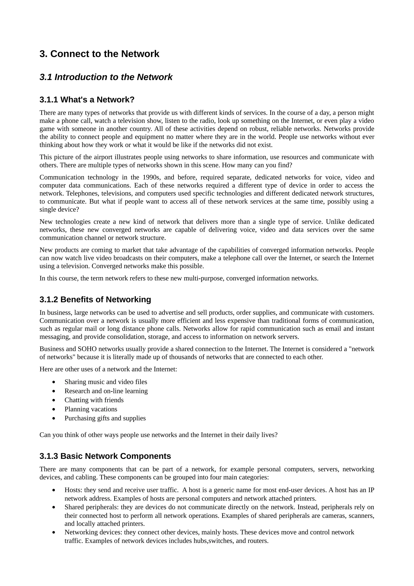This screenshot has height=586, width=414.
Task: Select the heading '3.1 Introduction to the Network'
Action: pos(106,77)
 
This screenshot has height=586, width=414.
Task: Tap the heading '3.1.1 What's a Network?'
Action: pos(87,99)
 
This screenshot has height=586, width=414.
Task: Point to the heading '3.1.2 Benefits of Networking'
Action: pos(95,299)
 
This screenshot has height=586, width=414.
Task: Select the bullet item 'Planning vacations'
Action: pos(91,409)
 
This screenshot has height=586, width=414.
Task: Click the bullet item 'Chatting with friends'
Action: pos(94,400)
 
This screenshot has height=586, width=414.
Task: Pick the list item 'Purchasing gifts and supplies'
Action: pos(105,418)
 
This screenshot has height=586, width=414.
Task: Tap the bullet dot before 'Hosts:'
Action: pos(54,490)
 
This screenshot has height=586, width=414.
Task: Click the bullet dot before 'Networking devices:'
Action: pos(54,532)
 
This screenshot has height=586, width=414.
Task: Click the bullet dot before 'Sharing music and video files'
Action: pos(54,382)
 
